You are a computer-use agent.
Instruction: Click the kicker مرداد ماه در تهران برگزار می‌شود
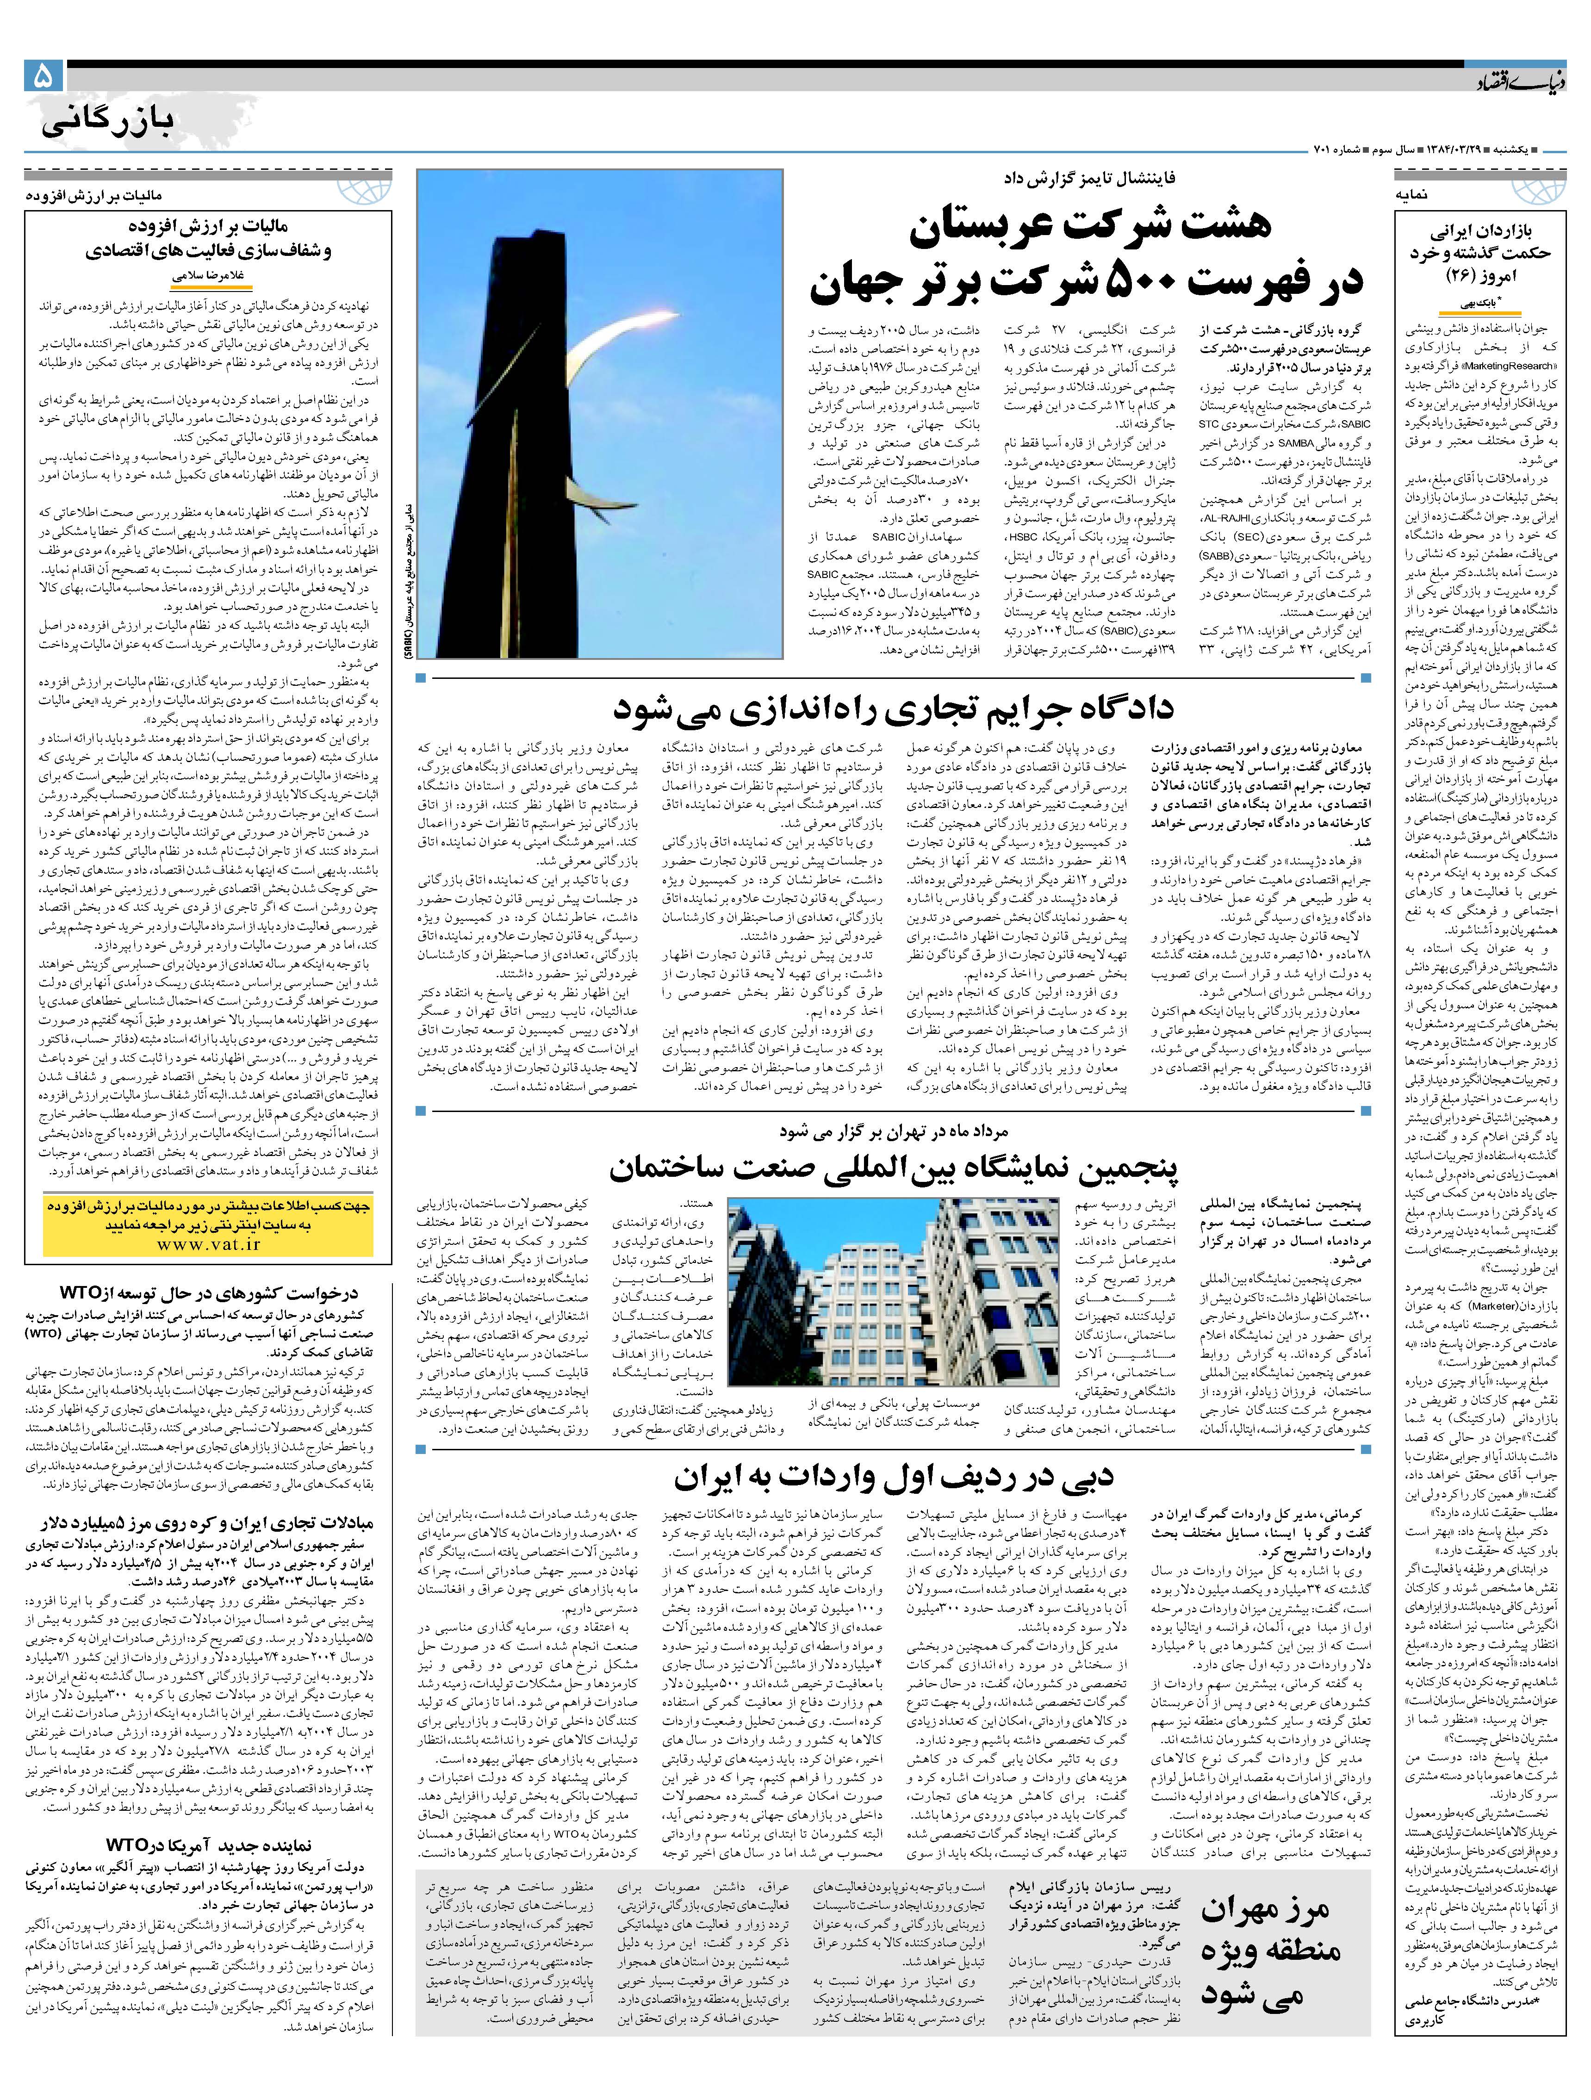pos(892,1131)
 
